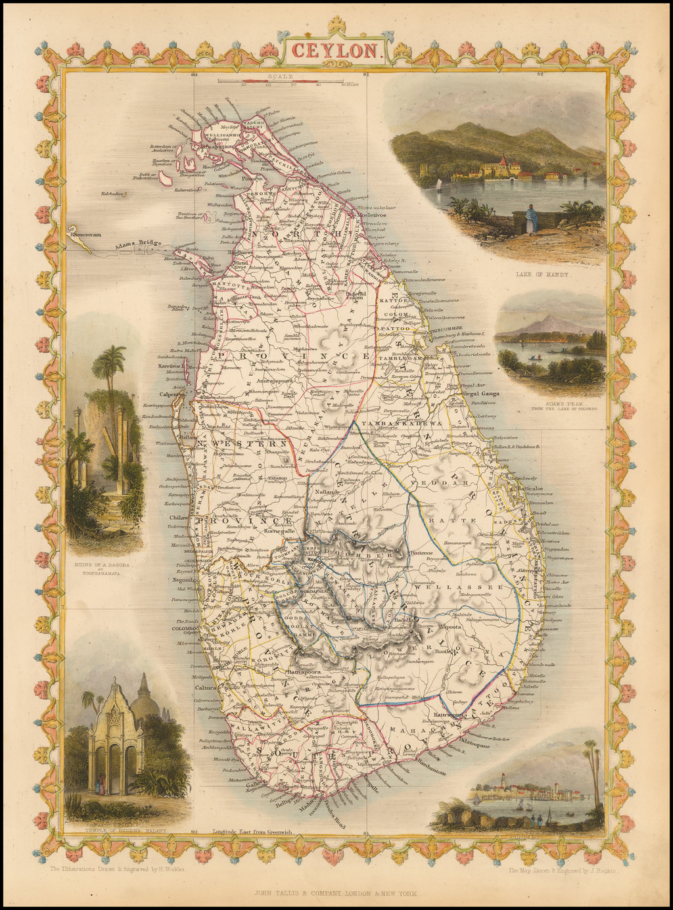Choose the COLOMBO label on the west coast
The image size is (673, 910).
click(x=185, y=627)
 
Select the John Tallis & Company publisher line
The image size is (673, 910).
click(x=336, y=893)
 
